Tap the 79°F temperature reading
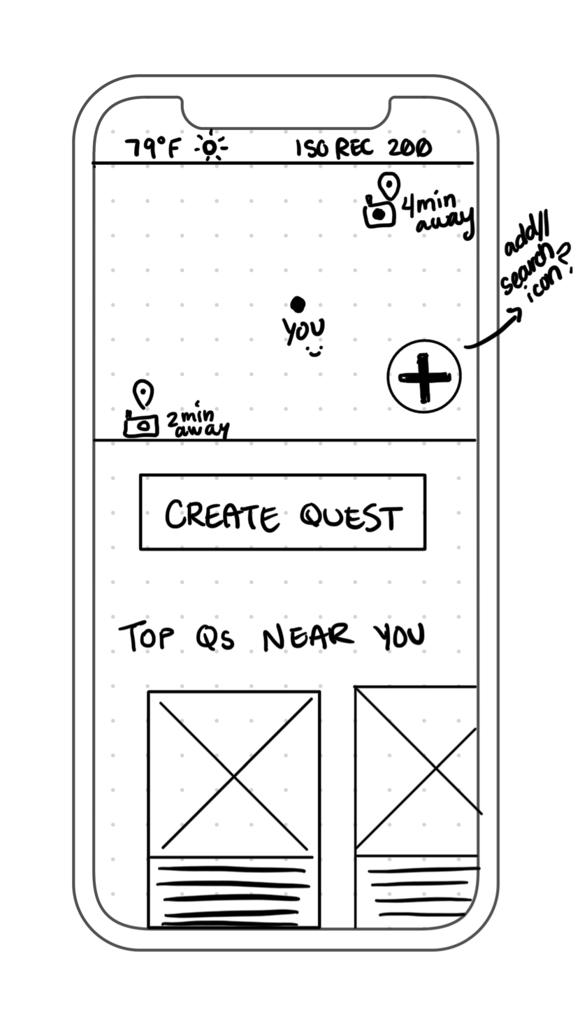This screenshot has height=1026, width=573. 152,148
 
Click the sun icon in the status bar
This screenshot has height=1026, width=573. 210,147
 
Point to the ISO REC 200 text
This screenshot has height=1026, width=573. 363,148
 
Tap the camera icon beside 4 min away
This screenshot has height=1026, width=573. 379,213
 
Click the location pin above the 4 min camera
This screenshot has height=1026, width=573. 389,186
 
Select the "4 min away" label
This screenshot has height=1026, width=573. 437,213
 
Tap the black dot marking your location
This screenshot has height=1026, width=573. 298,305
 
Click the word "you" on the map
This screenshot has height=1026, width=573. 304,329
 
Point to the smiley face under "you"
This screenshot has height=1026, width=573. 314,352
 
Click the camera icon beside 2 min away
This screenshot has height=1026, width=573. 141,424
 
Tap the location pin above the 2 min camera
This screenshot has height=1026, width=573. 143,393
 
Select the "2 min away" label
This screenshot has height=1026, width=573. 196,421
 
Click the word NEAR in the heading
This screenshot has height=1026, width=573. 308,637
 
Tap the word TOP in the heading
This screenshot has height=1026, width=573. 146,637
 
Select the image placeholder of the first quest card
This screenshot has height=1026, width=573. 234,774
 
